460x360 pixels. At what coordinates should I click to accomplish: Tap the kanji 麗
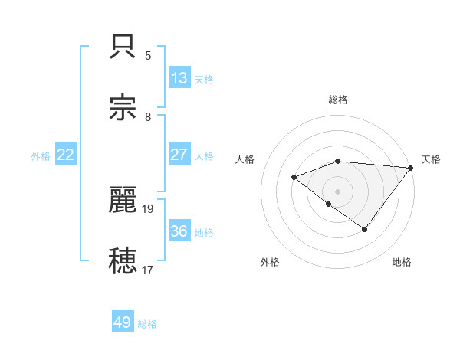pos(124,201)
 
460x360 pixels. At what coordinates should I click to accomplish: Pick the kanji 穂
pos(124,260)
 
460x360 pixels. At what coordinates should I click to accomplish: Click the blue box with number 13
pos(179,77)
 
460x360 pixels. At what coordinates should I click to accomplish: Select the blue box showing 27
pos(179,154)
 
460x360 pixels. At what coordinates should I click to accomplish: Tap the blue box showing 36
pos(179,231)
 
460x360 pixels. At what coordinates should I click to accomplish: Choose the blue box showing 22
pos(66,154)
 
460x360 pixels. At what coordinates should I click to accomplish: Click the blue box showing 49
pos(123,322)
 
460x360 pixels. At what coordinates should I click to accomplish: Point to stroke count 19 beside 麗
pos(149,208)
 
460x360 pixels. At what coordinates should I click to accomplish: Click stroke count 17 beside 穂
pos(149,270)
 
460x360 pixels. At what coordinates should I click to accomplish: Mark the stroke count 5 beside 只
pos(148,56)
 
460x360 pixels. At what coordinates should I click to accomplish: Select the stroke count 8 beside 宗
pos(148,117)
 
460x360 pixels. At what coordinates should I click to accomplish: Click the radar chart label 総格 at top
pos(338,100)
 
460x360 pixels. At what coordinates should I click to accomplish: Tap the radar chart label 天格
pos(431,159)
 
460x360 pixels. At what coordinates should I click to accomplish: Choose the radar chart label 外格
pos(270,262)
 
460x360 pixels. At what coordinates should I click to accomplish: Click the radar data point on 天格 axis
pos(411,168)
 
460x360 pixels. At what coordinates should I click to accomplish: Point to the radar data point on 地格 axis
pos(365,229)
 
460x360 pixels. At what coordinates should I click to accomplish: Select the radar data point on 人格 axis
pos(294,178)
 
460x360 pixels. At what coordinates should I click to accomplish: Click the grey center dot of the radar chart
pos(337,191)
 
